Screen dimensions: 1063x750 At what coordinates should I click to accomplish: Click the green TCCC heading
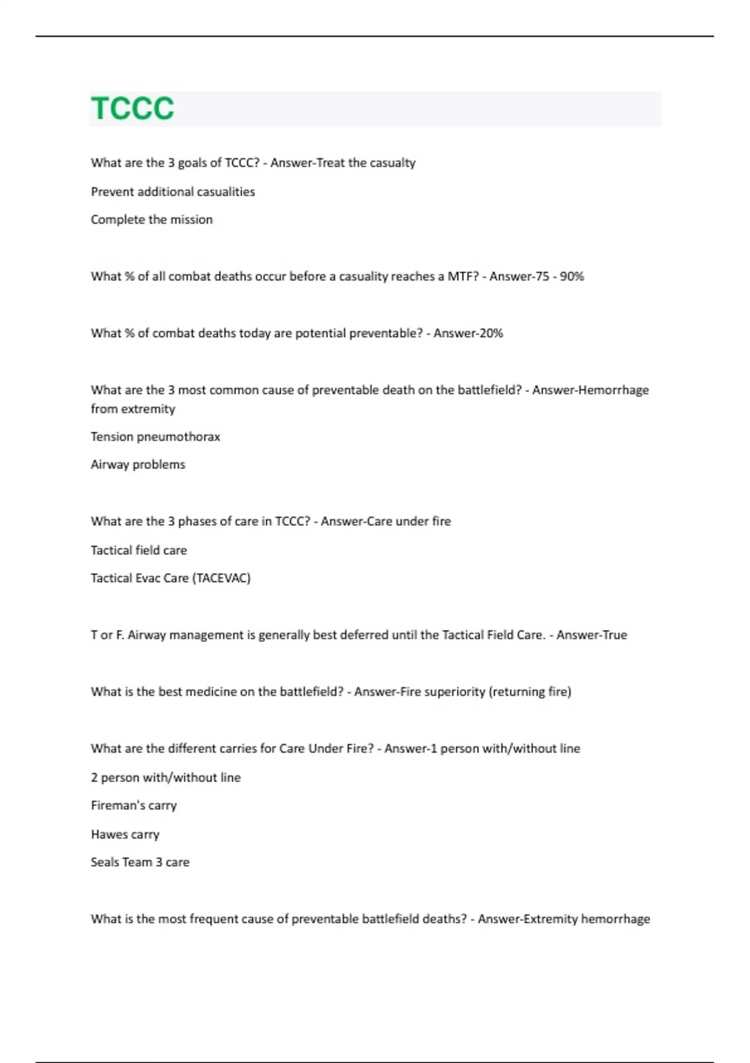point(132,109)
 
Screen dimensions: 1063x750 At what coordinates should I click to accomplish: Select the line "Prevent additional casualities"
point(172,192)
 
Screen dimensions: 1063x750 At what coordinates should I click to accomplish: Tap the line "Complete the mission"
point(151,219)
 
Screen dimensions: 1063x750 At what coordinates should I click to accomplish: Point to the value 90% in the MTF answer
point(571,276)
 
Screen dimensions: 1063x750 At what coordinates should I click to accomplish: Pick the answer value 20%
point(489,333)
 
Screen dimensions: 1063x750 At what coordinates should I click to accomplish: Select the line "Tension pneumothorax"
point(155,436)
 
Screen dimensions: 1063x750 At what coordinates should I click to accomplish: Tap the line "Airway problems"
point(137,465)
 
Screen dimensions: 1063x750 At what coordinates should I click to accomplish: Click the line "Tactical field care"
point(138,550)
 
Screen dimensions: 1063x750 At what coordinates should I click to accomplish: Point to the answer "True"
point(612,635)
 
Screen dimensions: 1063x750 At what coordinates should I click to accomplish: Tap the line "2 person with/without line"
point(165,778)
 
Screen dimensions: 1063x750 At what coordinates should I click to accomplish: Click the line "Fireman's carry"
point(133,806)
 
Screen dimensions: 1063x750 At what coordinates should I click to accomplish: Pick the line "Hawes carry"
point(124,835)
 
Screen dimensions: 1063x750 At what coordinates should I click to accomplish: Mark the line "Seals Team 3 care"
point(139,862)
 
